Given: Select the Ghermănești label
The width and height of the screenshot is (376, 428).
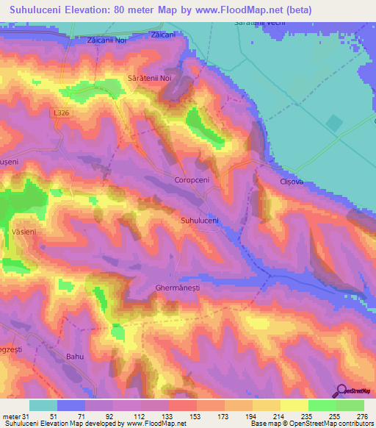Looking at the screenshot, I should [178, 288].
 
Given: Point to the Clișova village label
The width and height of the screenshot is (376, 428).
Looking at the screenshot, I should [291, 181].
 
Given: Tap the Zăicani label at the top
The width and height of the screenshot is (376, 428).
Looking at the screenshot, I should [163, 35].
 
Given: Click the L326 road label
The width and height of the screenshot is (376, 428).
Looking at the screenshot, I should [60, 113].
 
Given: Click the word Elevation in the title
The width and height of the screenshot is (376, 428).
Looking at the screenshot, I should [95, 10].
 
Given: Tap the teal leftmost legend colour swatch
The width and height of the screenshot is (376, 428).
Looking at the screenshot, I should [43, 405].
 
